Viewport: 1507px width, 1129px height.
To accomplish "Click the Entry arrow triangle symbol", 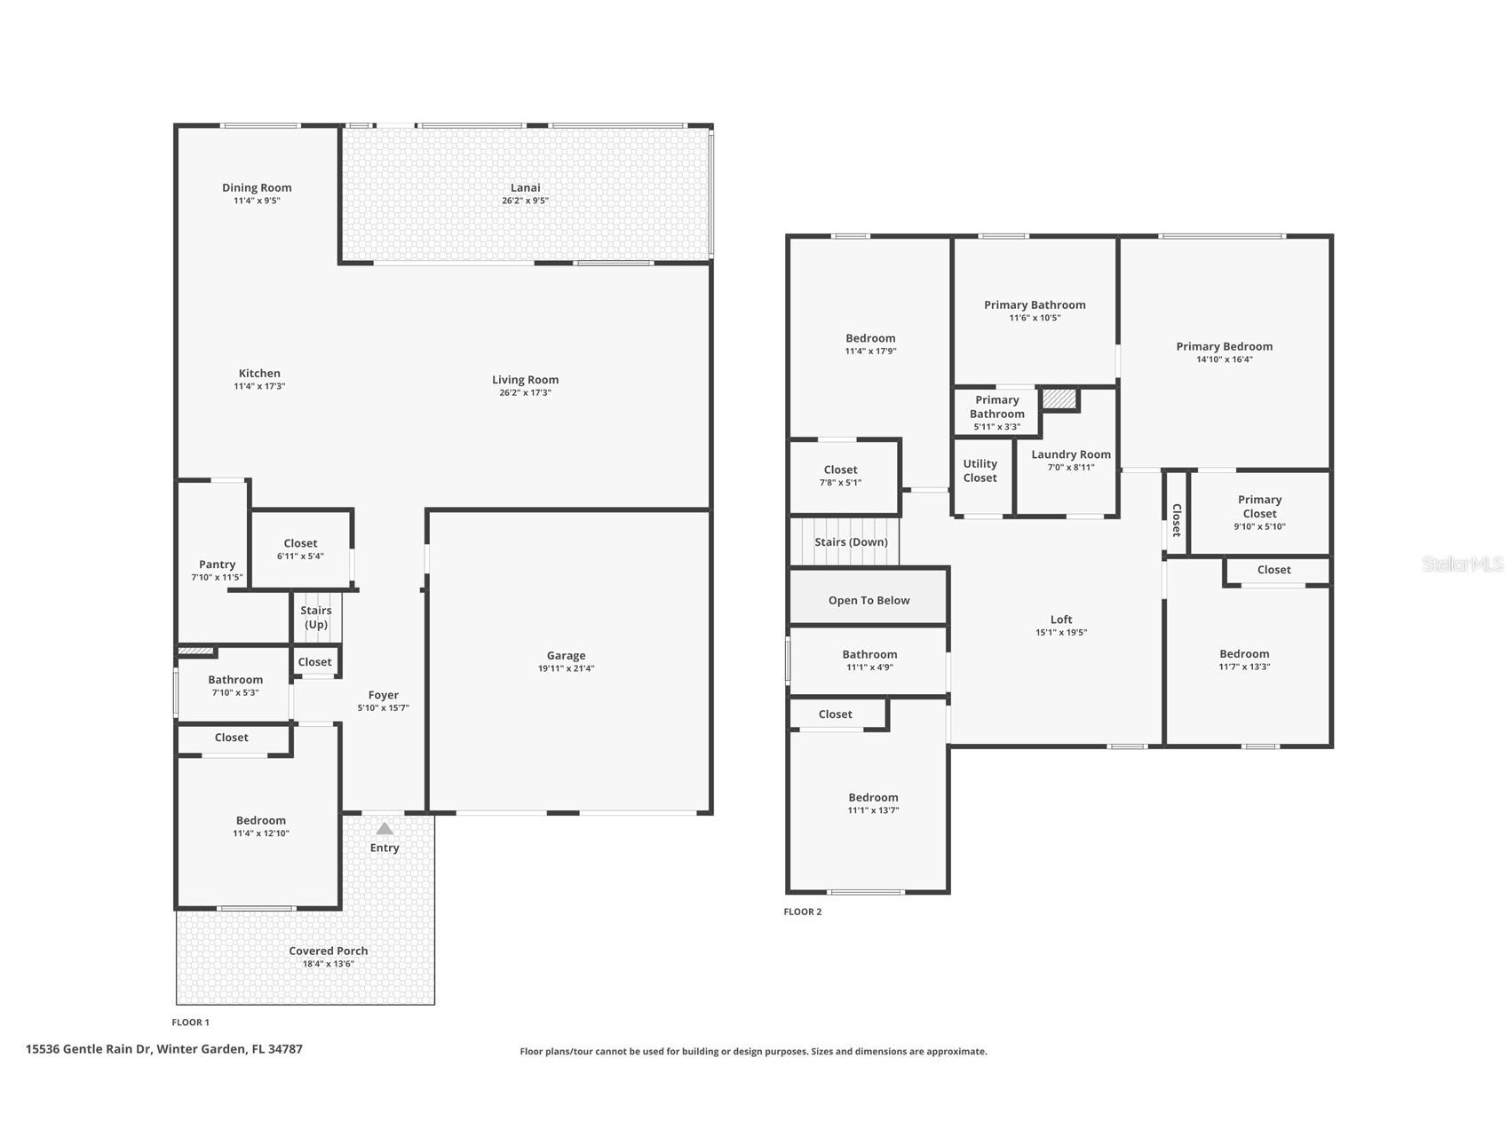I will [x=384, y=829].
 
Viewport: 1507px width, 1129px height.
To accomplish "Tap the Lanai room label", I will [x=525, y=187].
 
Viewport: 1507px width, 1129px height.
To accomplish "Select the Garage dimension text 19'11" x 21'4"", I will [x=566, y=668].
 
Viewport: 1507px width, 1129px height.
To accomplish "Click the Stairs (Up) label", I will [x=316, y=617].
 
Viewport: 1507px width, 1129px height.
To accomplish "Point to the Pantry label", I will [x=217, y=564].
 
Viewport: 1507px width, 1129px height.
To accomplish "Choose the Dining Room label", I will [x=257, y=187].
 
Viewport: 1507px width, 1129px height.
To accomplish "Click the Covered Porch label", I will [x=328, y=951].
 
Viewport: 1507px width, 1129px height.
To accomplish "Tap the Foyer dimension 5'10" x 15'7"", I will [x=383, y=707].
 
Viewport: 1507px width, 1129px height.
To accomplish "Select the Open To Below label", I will [x=869, y=600].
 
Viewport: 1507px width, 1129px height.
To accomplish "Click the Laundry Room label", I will [x=1070, y=454].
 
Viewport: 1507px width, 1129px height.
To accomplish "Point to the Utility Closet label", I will [x=980, y=470].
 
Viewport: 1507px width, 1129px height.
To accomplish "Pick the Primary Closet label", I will [x=1259, y=506].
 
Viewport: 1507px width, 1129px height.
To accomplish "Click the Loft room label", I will [x=1061, y=620].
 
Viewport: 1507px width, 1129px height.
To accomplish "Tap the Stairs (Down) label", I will [x=851, y=541].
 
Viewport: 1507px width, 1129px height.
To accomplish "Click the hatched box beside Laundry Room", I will [x=1059, y=399].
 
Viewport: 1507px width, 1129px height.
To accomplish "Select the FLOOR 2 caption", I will [x=802, y=912].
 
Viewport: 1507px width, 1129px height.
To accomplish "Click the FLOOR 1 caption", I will [x=190, y=1022].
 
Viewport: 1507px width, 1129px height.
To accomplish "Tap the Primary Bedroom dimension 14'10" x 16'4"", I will [x=1224, y=359].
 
